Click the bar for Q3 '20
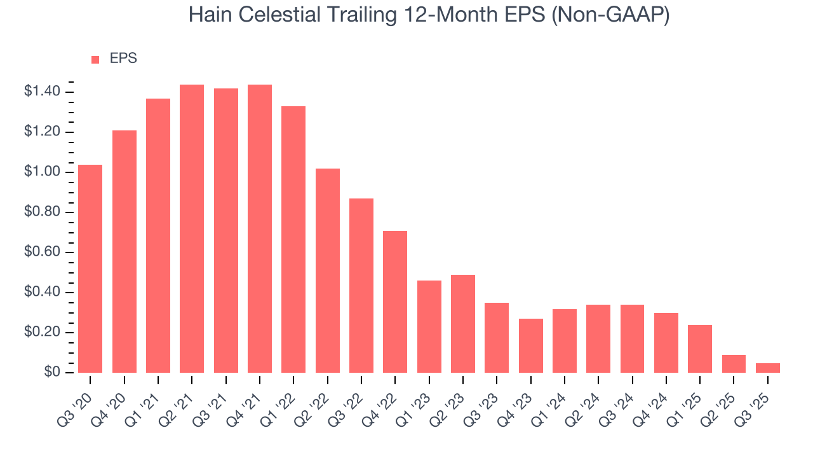click(x=90, y=268)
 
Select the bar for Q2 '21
click(x=192, y=228)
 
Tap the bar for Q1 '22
click(x=293, y=239)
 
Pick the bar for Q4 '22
click(x=395, y=302)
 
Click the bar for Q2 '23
click(x=463, y=324)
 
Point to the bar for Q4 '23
click(x=531, y=345)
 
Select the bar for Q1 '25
click(x=700, y=349)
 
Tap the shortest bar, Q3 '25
click(x=768, y=368)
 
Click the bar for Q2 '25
click(x=734, y=364)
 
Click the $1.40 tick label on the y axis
click(x=42, y=92)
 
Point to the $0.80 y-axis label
click(x=42, y=212)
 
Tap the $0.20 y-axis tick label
click(x=42, y=333)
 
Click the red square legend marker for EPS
click(x=95, y=59)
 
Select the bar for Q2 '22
click(x=328, y=270)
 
